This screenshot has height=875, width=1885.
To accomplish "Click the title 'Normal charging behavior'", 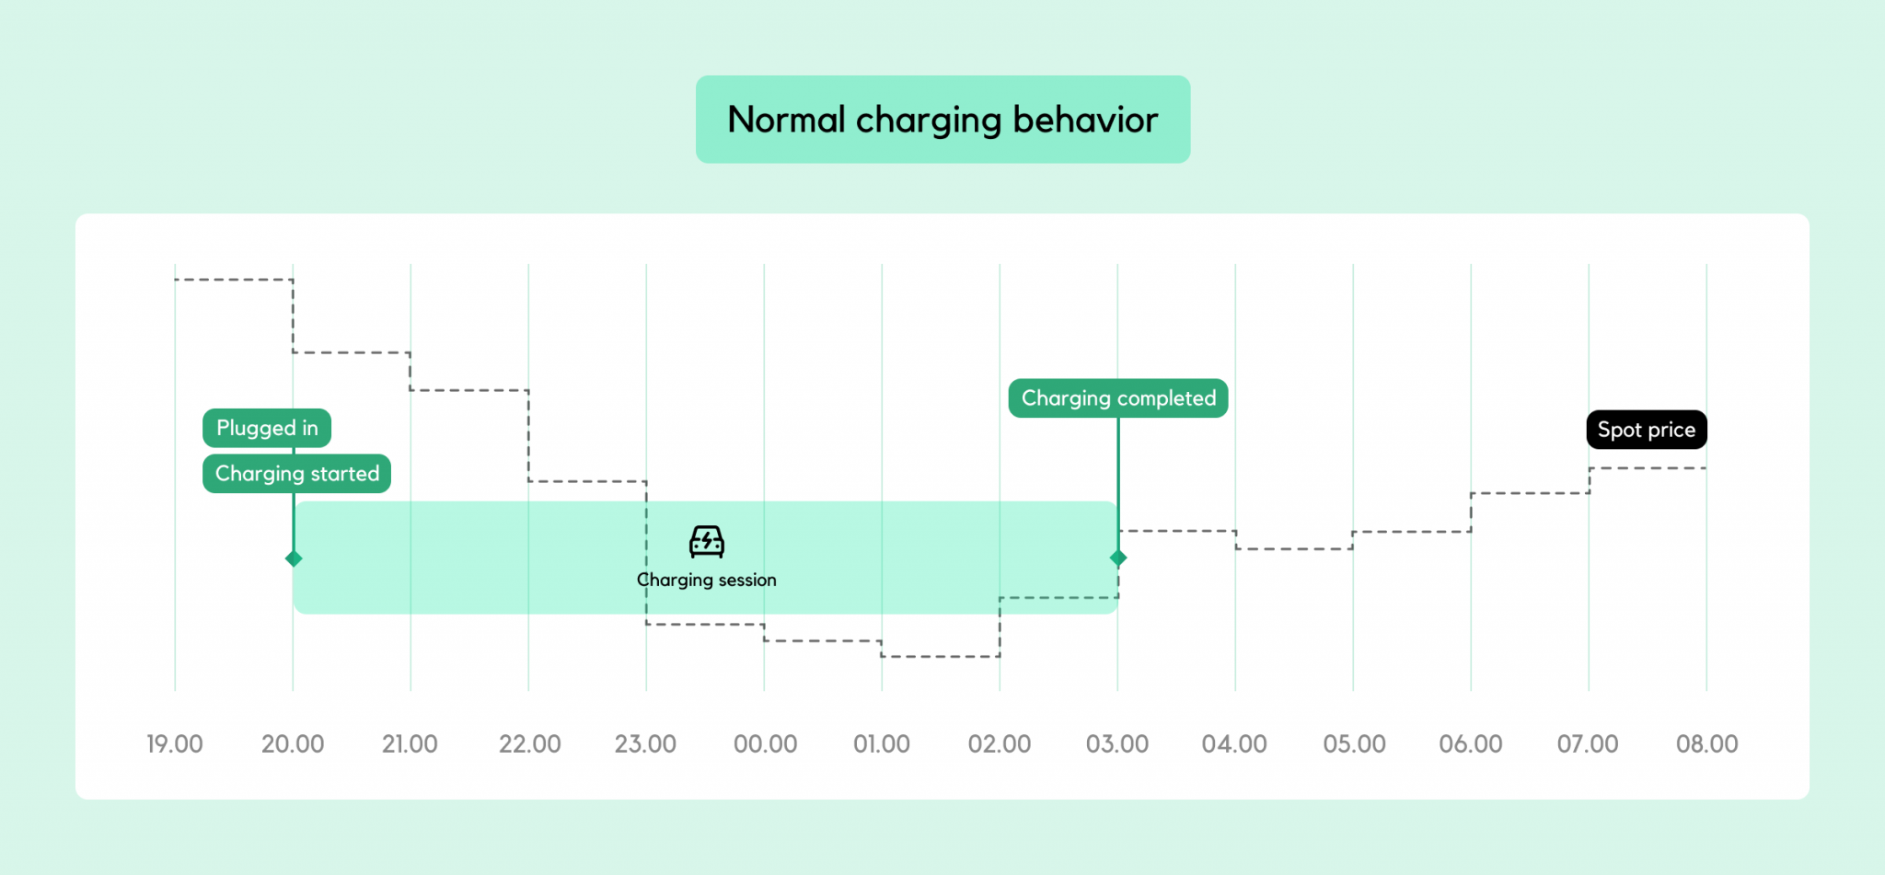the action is (942, 120).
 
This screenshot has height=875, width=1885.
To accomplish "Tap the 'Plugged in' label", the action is (267, 428).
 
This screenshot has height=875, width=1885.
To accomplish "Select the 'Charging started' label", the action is (296, 474).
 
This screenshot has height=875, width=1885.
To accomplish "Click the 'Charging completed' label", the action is (1118, 398).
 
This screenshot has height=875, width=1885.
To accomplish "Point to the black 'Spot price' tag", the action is (1647, 430).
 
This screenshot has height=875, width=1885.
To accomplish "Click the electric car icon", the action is (707, 542).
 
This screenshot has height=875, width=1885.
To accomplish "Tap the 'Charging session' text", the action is (707, 580).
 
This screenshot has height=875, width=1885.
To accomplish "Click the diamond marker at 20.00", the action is (294, 558).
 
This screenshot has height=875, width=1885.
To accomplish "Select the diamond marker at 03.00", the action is (1118, 558).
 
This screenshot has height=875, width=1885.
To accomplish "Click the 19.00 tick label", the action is (175, 743).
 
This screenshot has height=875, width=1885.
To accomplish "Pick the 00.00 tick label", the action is (765, 743).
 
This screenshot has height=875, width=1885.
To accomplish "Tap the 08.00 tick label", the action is (1706, 743).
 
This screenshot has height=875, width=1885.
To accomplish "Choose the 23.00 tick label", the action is (645, 743).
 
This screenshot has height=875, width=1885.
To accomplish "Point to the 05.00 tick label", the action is (1354, 743).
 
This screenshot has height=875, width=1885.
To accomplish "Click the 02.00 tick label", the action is (1000, 743).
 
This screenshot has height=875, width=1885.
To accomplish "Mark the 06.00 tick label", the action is (1471, 743).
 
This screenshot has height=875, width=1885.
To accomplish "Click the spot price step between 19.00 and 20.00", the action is (234, 279).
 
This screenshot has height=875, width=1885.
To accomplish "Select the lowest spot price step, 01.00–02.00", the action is (941, 656).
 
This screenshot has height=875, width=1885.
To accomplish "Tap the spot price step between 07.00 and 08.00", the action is (1648, 468).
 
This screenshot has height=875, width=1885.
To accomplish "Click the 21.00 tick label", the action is (410, 743).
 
